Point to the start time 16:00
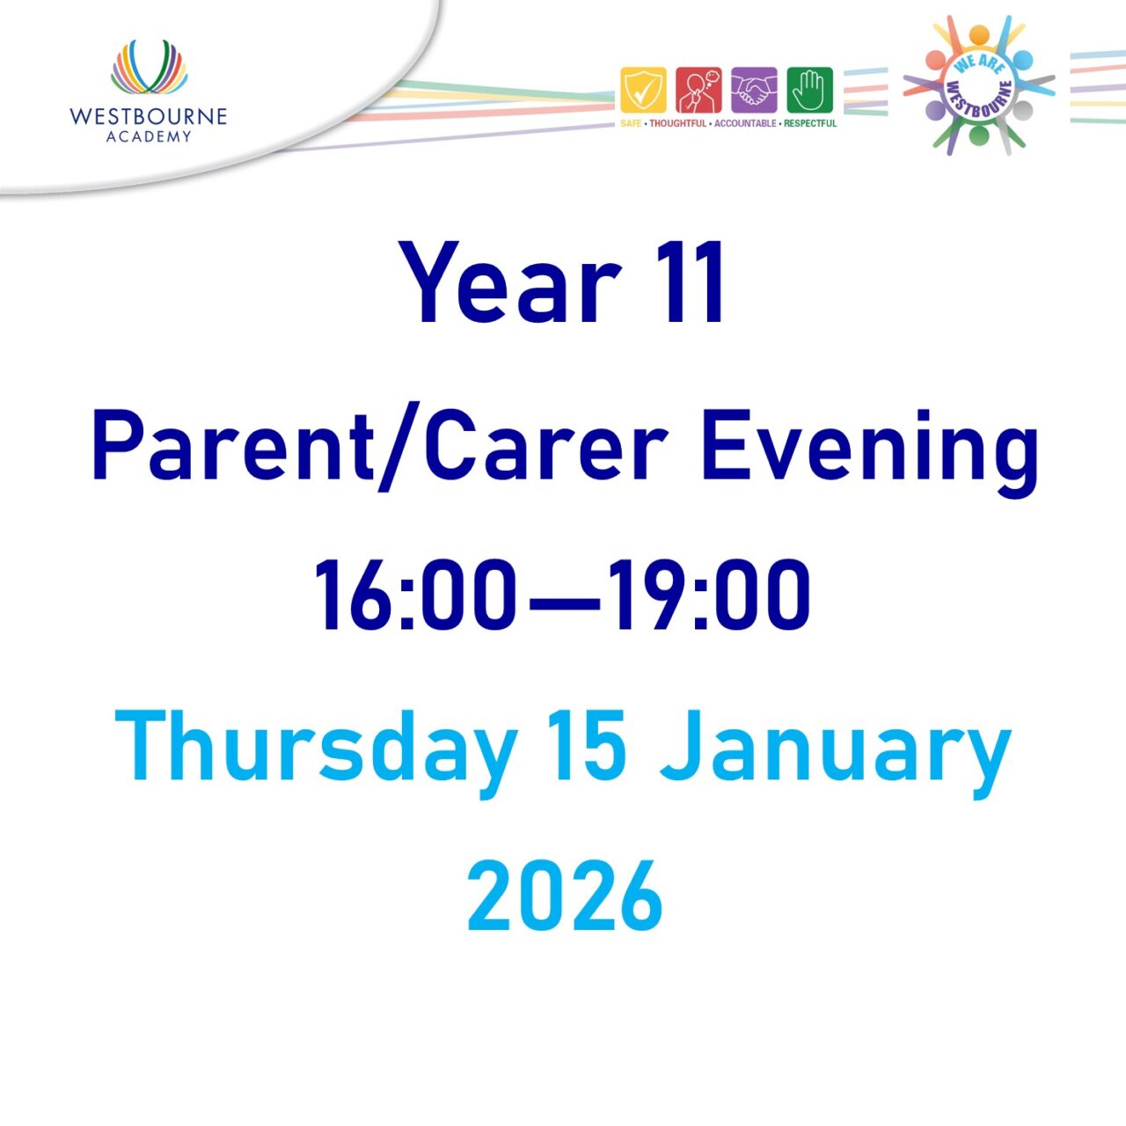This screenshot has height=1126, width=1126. [414, 596]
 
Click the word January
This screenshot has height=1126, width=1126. [836, 748]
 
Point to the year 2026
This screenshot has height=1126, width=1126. [564, 896]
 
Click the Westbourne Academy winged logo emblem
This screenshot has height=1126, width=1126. [149, 67]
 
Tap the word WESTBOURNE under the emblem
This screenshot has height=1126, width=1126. [148, 116]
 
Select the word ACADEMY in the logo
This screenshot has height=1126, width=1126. [148, 136]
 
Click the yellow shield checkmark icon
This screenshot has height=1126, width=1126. [643, 91]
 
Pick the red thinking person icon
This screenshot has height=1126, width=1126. [698, 91]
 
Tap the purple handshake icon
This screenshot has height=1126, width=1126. [754, 91]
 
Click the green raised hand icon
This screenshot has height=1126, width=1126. [809, 91]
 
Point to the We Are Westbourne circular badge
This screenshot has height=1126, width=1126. [978, 86]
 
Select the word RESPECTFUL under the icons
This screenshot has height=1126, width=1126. [810, 124]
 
